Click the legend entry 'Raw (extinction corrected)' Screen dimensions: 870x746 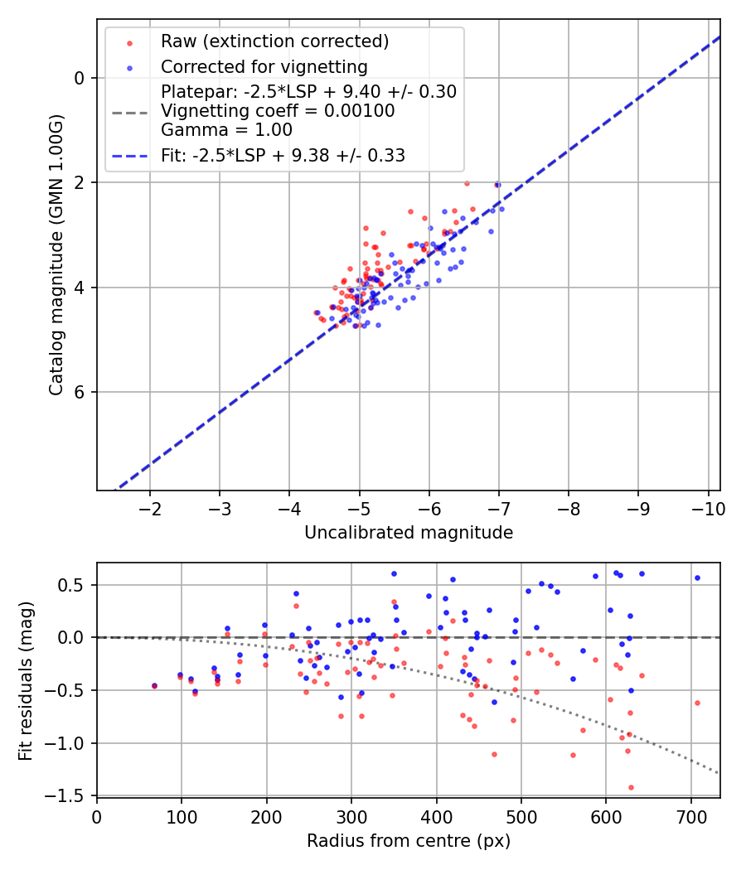click(274, 41)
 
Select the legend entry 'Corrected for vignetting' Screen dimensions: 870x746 click(264, 66)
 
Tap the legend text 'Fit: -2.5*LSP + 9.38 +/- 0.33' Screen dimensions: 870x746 click(283, 155)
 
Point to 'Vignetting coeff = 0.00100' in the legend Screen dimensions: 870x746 click(278, 110)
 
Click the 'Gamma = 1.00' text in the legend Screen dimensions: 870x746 click(226, 130)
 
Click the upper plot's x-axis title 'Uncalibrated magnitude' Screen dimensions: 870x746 click(409, 533)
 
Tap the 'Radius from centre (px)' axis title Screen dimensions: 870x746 click(409, 841)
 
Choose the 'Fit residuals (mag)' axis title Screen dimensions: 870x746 click(26, 679)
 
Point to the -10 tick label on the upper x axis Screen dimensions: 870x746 click(707, 507)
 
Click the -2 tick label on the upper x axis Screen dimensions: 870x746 click(150, 507)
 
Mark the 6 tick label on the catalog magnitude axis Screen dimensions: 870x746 click(80, 392)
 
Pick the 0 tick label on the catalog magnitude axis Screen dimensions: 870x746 click(80, 78)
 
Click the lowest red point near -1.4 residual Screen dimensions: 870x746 click(631, 787)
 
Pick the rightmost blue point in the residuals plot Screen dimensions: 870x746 click(697, 578)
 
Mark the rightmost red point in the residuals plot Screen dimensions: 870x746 click(697, 703)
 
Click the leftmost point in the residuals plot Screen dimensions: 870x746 click(154, 685)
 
